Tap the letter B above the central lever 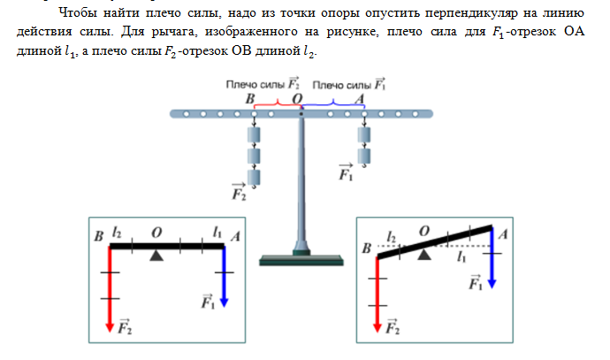point(251,99)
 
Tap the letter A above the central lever point(359,99)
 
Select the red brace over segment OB point(277,107)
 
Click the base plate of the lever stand point(301,259)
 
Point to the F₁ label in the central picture point(347,171)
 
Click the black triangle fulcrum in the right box point(424,255)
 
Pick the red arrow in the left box point(109,292)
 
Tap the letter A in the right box point(501,234)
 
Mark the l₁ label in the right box point(461,257)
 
